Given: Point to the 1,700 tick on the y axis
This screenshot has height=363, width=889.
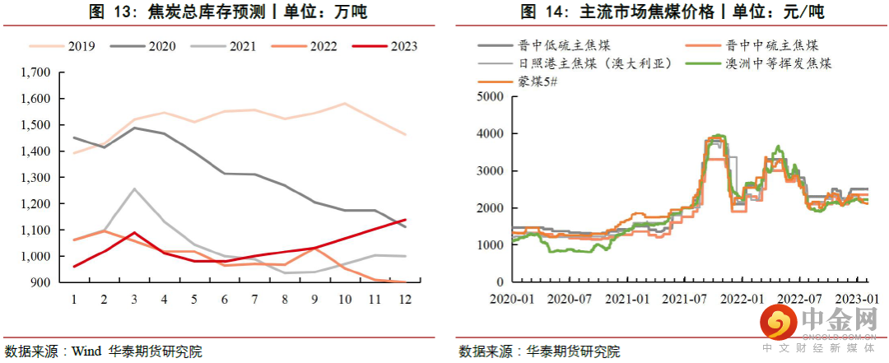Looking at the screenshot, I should (x=34, y=72).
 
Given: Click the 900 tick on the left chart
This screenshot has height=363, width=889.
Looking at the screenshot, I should (x=40, y=282).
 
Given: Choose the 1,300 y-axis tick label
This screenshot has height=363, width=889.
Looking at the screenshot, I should (x=34, y=178).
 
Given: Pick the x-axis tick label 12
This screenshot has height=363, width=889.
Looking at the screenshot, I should (x=404, y=300).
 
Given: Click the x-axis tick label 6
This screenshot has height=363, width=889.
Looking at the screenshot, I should (x=225, y=300).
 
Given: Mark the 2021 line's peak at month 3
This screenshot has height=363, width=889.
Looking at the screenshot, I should (x=134, y=188).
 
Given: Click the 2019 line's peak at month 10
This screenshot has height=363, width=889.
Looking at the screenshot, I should (x=344, y=104).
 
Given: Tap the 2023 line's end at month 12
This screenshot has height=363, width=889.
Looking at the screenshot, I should (x=404, y=220).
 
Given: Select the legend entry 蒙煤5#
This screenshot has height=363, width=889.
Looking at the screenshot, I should (x=539, y=81).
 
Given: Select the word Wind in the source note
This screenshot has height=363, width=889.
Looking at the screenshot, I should (x=86, y=351).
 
